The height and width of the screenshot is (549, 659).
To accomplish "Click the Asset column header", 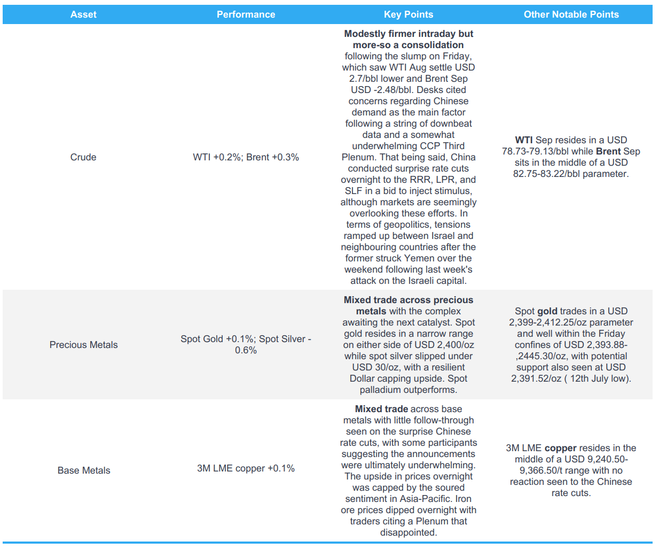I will pyautogui.click(x=83, y=14).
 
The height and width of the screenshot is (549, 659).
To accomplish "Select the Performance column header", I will pyautogui.click(x=246, y=14).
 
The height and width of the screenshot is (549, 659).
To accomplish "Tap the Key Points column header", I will pyautogui.click(x=409, y=14).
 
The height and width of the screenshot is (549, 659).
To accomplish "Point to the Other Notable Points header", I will pyautogui.click(x=571, y=14).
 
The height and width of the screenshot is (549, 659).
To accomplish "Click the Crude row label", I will pyautogui.click(x=83, y=157).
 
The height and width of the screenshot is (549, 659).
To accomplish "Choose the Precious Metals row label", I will pyautogui.click(x=83, y=345).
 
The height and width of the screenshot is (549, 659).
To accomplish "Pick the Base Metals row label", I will pyautogui.click(x=84, y=470).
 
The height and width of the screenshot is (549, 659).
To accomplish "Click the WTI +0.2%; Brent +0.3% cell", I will pyautogui.click(x=246, y=157).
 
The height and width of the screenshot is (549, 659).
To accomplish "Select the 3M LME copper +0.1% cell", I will pyautogui.click(x=246, y=468).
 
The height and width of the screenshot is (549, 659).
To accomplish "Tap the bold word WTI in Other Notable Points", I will pyautogui.click(x=524, y=140).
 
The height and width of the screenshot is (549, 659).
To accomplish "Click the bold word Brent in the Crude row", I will pyautogui.click(x=608, y=151).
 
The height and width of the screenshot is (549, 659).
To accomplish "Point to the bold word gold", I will pyautogui.click(x=547, y=311).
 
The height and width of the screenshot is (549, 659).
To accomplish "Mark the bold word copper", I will pyautogui.click(x=560, y=448).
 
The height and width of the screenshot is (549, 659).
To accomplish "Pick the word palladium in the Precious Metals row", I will pyautogui.click(x=382, y=390).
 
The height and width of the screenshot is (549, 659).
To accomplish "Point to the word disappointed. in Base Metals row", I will pyautogui.click(x=409, y=532).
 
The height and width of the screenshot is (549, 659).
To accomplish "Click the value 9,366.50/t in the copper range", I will pyautogui.click(x=542, y=470).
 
